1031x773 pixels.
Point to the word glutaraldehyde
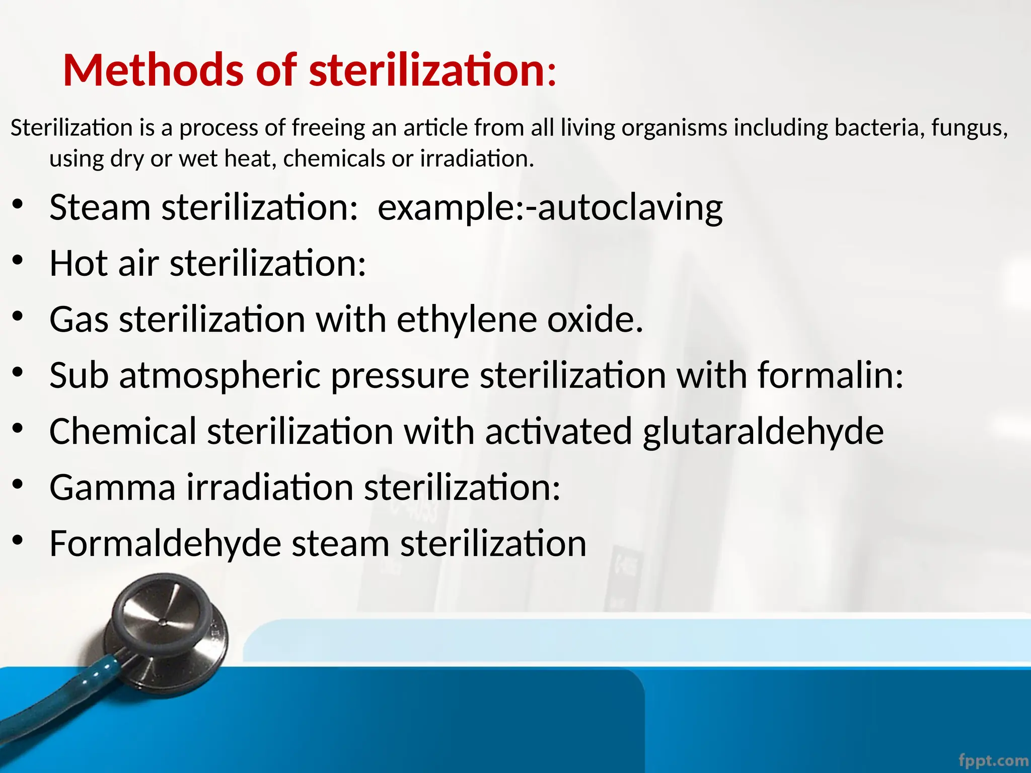tap(763, 432)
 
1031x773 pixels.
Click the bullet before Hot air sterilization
tap(18, 261)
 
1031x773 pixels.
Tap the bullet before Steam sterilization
tap(18, 205)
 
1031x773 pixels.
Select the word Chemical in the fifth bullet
tap(123, 432)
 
